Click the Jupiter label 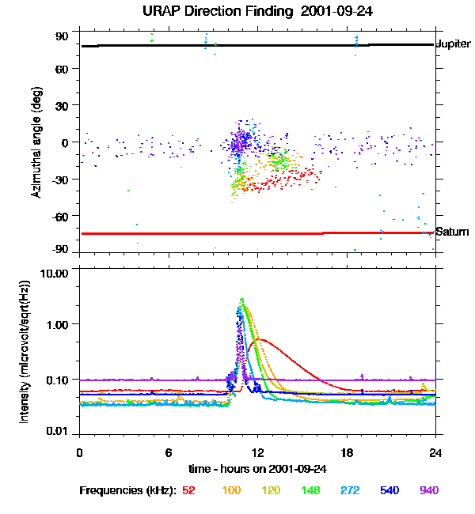click(454, 44)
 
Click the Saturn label click(451, 232)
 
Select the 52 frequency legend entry click(188, 490)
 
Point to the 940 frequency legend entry click(429, 490)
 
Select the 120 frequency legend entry click(272, 490)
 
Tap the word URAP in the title click(163, 12)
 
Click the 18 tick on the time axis click(346, 452)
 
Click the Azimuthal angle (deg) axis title click(35, 142)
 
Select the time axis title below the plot click(257, 468)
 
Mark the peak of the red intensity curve click(258, 339)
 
